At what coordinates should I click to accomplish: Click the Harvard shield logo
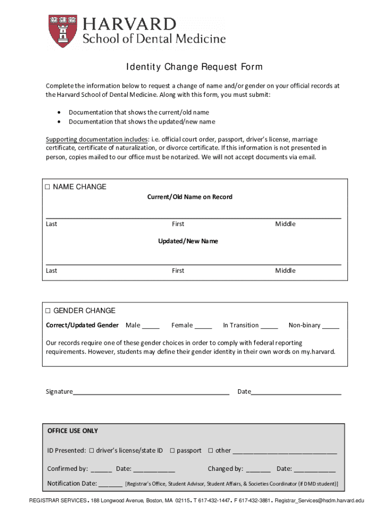[63, 31]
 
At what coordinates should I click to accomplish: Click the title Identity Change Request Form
[194, 67]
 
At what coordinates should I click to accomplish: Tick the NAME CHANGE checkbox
[48, 187]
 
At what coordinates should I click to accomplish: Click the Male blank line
[150, 326]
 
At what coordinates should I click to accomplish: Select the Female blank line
[203, 326]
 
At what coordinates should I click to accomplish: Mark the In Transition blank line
[269, 326]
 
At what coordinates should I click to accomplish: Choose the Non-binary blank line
[330, 326]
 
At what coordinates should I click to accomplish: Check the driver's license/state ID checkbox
[92, 451]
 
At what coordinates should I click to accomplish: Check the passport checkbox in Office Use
[172, 451]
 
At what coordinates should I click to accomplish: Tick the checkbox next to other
[211, 451]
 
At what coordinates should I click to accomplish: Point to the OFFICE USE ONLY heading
[72, 431]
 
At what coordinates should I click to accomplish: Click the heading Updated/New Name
[188, 241]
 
